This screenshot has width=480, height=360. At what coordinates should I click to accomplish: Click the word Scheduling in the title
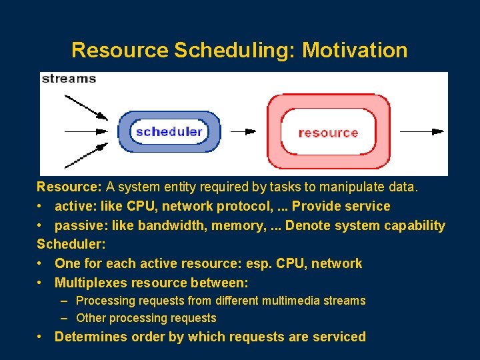[x=234, y=50]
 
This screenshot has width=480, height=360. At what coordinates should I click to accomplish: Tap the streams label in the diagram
[x=69, y=79]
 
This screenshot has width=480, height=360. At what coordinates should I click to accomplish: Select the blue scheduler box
[x=169, y=131]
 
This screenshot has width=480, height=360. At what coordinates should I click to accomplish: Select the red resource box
[x=328, y=132]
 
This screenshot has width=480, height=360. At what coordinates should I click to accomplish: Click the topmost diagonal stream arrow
[x=85, y=107]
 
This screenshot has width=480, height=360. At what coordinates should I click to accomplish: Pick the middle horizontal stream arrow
[x=85, y=131]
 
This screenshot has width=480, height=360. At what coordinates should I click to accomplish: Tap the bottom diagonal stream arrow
[x=85, y=155]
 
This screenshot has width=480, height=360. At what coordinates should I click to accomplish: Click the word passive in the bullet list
[x=78, y=225]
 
